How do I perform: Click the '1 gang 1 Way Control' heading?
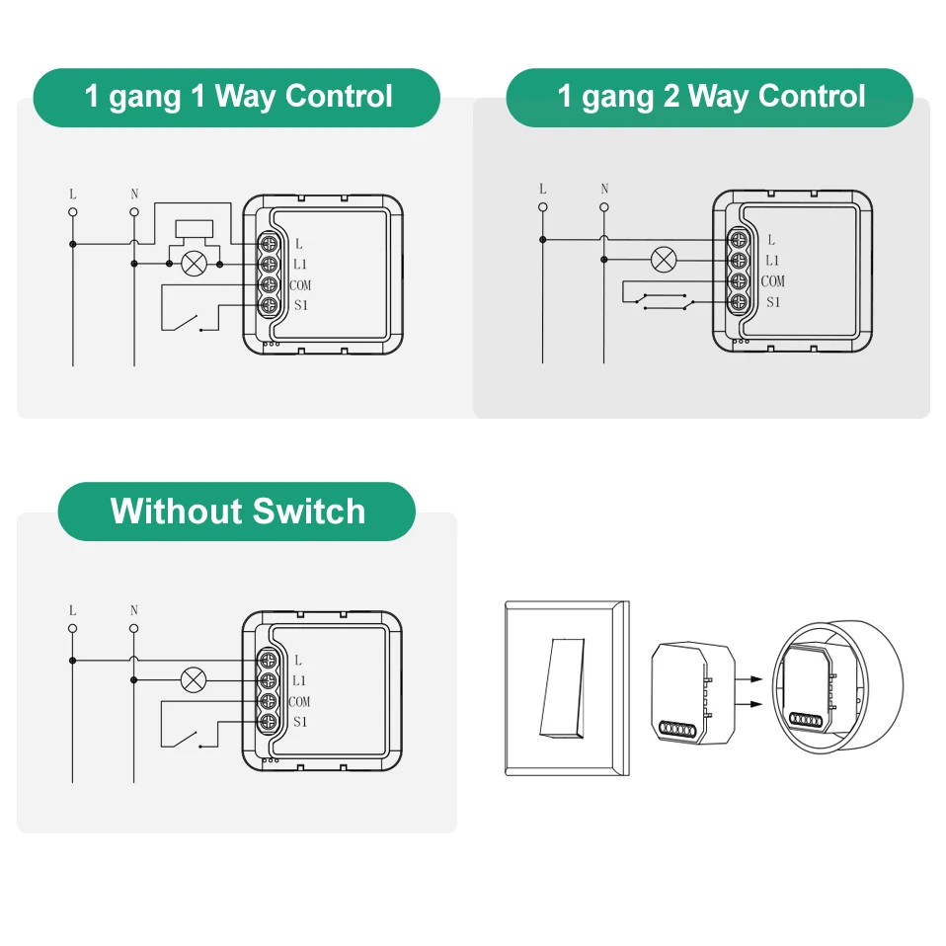click(237, 97)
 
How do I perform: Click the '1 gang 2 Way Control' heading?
click(710, 97)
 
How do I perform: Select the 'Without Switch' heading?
click(237, 512)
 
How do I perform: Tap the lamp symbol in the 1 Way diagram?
click(195, 264)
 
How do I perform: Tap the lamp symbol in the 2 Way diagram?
click(664, 260)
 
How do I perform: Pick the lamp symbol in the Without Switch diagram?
click(195, 679)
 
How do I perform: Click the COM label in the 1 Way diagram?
click(300, 285)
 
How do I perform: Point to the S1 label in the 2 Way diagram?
click(773, 302)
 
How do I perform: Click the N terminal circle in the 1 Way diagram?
click(134, 211)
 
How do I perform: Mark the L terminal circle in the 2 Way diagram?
click(542, 207)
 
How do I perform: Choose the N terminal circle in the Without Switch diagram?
click(134, 628)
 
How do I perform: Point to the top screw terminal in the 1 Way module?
click(268, 243)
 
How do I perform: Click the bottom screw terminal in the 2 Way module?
click(737, 301)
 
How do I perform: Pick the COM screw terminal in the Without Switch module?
click(268, 701)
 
